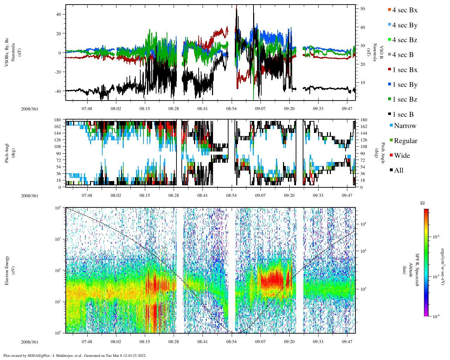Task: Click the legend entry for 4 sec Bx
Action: [x=404, y=10]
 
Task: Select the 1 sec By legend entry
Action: [x=404, y=85]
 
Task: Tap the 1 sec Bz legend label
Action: [x=405, y=99]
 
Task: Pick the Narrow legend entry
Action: [x=405, y=126]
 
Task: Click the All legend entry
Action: [x=398, y=171]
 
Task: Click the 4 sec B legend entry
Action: [x=403, y=55]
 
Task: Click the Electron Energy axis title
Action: [x=7, y=270]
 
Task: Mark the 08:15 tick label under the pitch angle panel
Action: [x=144, y=195]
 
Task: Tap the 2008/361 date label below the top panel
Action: [x=30, y=109]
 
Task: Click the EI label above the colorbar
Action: [x=423, y=203]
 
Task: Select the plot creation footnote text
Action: [x=75, y=355]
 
